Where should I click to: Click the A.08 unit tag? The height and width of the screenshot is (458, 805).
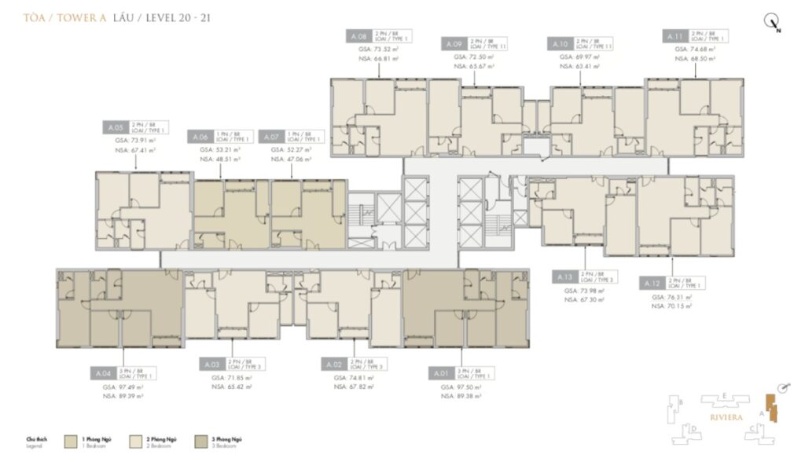click(x=357, y=36)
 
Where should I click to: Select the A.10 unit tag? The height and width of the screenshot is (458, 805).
click(x=561, y=43)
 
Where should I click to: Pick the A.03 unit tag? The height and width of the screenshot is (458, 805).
click(x=211, y=365)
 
